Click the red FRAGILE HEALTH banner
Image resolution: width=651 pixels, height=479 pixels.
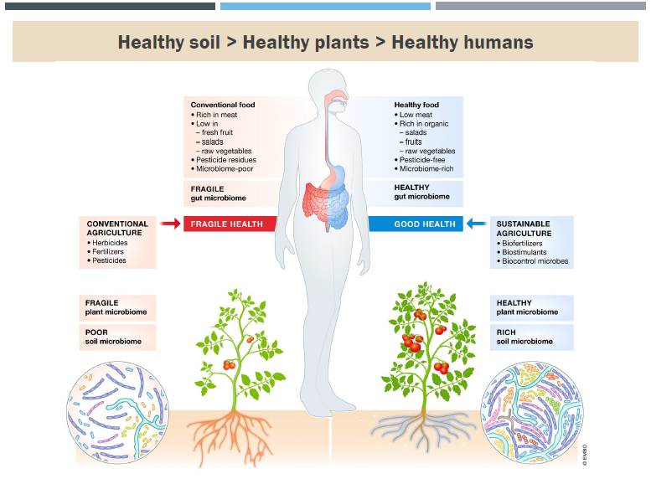tap(227, 224)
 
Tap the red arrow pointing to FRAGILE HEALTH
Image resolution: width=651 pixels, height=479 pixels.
tap(169, 224)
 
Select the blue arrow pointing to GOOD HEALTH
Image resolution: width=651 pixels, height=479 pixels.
tap(477, 224)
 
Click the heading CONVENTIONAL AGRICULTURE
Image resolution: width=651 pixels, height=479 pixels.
tap(117, 228)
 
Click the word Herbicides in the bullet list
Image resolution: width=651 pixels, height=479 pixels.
tap(110, 242)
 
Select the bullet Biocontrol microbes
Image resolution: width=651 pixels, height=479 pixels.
tap(535, 260)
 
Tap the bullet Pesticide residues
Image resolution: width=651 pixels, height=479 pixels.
tap(225, 159)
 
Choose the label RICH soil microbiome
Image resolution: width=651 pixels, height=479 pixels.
tap(524, 337)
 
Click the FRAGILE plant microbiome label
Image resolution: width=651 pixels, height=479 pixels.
tap(115, 307)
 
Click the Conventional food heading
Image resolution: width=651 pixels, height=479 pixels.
tap(223, 105)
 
